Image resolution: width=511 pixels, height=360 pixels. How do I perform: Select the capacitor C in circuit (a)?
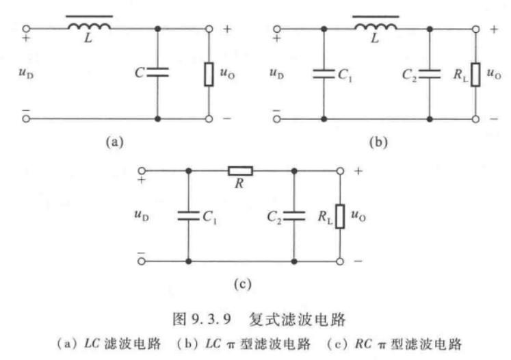(x=158, y=72)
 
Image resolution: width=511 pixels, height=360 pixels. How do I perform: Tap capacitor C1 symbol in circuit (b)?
(x=324, y=73)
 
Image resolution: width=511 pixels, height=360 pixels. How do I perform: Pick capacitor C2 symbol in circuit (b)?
(x=430, y=73)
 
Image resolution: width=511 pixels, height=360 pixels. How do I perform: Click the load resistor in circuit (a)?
(x=209, y=74)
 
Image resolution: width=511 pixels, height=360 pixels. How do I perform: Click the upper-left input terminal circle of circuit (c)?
(x=141, y=169)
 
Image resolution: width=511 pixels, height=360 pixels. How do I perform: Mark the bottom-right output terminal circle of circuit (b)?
(x=476, y=118)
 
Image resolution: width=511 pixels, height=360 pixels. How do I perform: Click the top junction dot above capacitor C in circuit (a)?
(x=158, y=29)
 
